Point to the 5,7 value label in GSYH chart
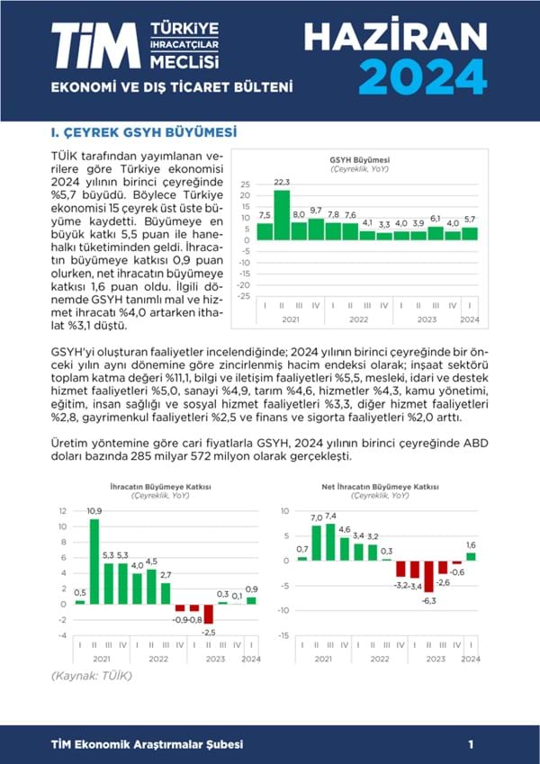click(471, 220)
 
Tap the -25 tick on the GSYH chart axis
click(244, 295)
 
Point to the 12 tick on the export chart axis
click(62, 510)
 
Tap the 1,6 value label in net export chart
click(471, 545)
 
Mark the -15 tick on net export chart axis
click(285, 635)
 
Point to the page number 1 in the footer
click(471, 744)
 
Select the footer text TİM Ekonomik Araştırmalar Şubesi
click(147, 744)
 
